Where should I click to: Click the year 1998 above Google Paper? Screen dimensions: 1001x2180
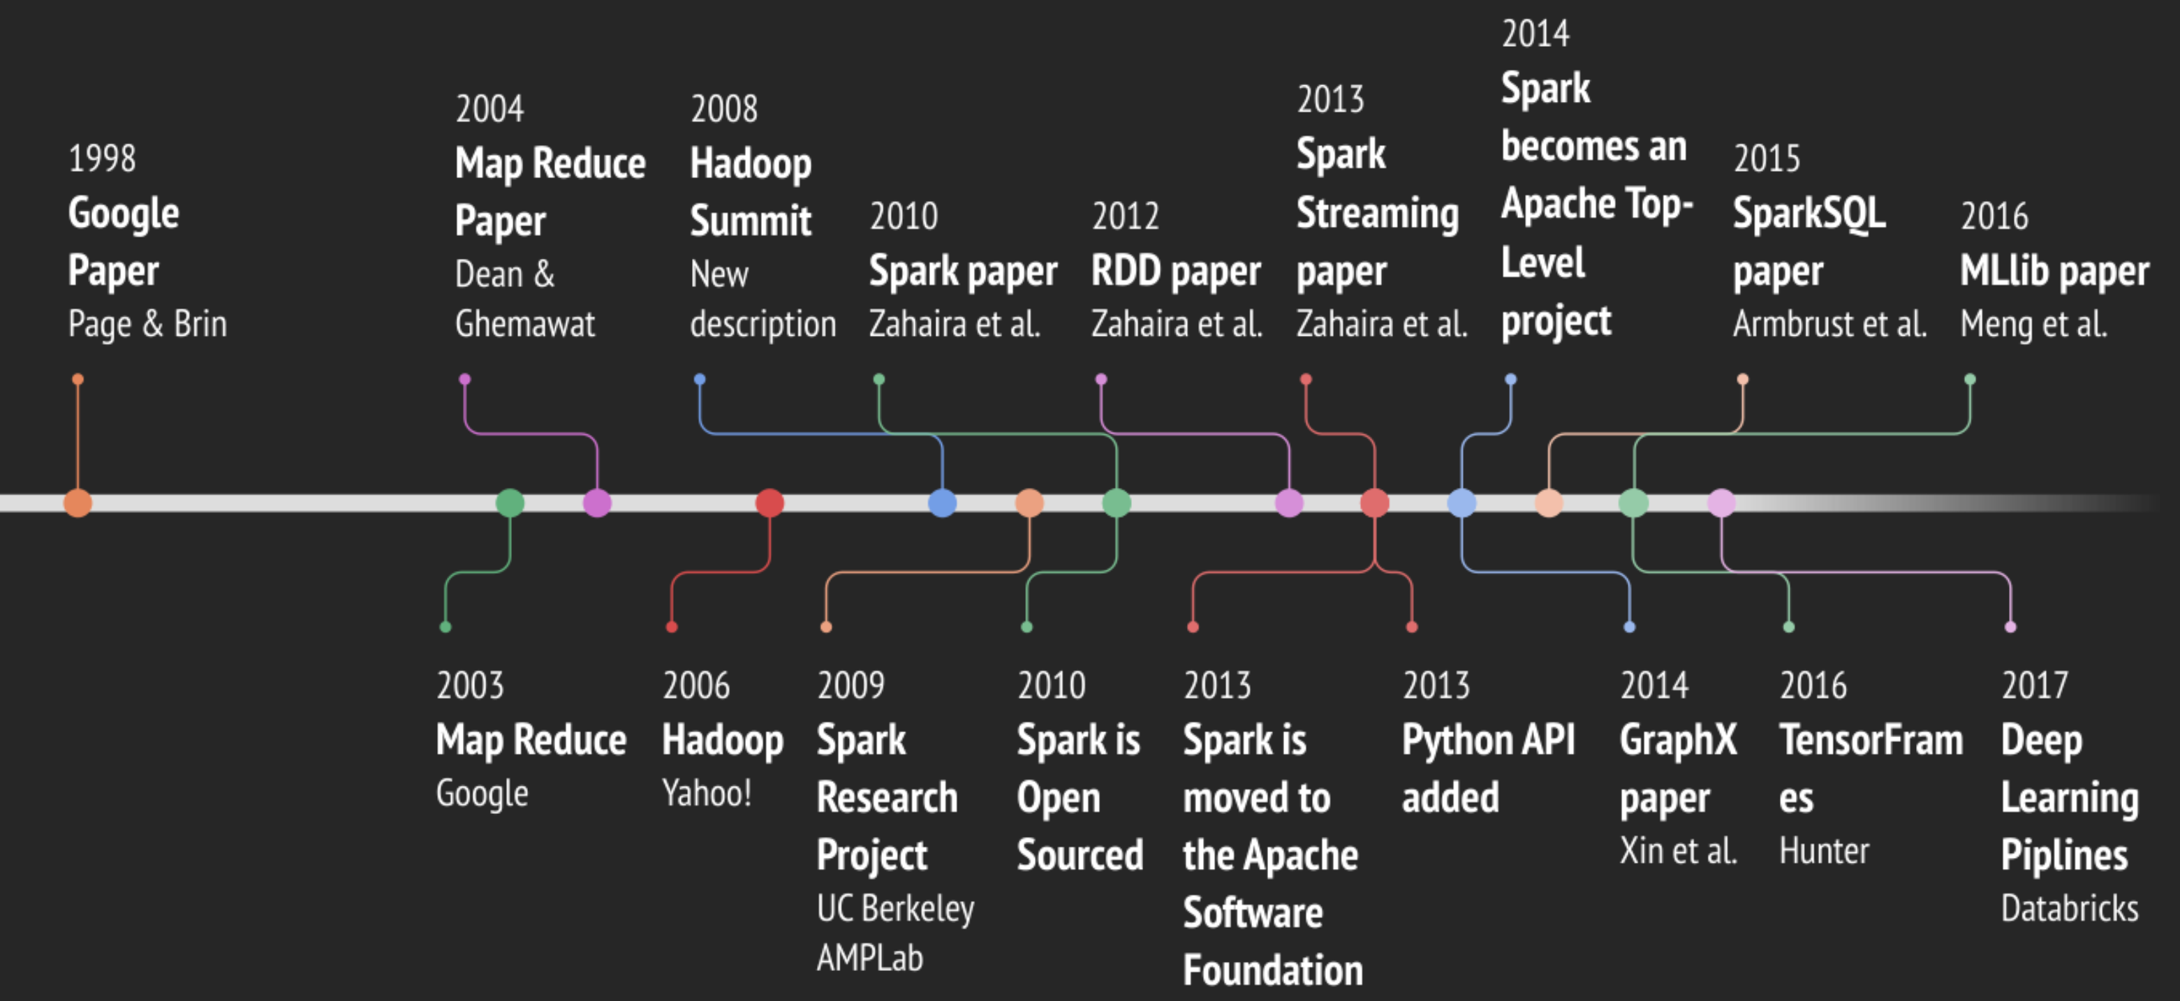coord(101,158)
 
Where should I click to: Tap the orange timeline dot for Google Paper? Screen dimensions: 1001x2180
coord(78,503)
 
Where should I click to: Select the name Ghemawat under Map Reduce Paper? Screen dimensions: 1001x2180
coord(524,324)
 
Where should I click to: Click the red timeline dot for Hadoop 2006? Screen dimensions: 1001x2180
coord(769,503)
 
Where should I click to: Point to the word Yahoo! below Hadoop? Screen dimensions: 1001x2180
coord(707,794)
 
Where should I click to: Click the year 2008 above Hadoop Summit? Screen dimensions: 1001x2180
coord(723,109)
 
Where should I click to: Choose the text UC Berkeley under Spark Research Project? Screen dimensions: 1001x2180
coord(895,909)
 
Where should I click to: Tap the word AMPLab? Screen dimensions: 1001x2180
coord(869,958)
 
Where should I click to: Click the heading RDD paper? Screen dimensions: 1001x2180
coord(1175,272)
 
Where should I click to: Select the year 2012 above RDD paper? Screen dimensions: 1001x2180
coord(1125,216)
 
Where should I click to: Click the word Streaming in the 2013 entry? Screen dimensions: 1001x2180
coord(1377,213)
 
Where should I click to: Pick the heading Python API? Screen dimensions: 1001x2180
coord(1488,741)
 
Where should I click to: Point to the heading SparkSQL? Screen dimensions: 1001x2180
coord(1809,213)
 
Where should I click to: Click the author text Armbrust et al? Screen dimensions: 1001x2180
coord(1829,324)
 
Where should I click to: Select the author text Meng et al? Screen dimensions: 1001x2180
coord(2033,324)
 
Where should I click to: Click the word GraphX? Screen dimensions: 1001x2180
coord(1678,741)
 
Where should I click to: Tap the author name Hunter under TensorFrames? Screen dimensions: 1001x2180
coord(1824,851)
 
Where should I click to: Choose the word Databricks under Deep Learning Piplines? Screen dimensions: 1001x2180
coord(2069,909)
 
